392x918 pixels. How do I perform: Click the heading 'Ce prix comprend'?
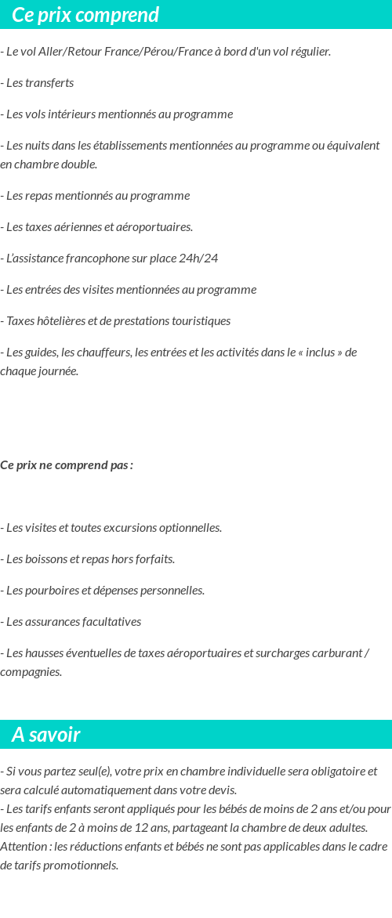(x=85, y=15)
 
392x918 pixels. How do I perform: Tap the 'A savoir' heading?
(x=45, y=735)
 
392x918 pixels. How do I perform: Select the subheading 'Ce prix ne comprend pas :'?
(x=67, y=465)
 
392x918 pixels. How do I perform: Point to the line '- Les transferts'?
(x=37, y=83)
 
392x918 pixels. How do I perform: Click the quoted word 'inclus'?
(x=320, y=352)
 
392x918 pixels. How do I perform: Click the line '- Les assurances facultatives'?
(x=71, y=622)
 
